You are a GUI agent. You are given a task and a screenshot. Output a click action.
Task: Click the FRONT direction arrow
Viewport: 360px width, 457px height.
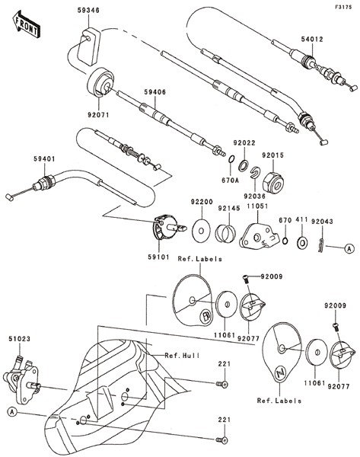tap(26, 24)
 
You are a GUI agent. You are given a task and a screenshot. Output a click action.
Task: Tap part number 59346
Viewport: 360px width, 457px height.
tap(88, 10)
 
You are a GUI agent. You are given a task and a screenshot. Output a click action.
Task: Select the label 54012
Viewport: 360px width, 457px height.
tap(312, 39)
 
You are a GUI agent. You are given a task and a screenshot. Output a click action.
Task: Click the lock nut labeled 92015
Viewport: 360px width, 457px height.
tap(273, 183)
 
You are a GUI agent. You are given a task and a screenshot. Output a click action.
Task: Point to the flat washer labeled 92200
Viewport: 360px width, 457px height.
tap(201, 230)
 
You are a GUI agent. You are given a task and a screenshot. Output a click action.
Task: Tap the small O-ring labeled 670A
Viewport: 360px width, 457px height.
tap(231, 159)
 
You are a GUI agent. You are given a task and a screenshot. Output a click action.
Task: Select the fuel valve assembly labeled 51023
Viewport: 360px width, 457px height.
tap(21, 378)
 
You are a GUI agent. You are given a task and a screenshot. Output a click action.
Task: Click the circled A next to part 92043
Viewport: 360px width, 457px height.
tap(349, 248)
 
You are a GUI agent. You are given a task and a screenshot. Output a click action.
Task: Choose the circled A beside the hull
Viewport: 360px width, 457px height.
tap(11, 411)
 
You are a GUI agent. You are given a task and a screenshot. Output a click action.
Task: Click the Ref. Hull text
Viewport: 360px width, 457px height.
tap(183, 356)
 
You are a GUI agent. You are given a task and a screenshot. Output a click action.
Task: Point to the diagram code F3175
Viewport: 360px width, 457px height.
tap(342, 7)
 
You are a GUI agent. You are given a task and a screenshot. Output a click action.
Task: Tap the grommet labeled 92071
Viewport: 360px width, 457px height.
tap(100, 82)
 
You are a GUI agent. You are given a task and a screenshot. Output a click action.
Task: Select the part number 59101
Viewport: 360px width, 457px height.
tap(158, 257)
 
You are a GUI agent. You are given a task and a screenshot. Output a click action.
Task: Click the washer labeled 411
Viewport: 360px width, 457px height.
tap(303, 242)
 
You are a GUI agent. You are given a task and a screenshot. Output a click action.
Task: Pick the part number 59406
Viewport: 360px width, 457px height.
tap(155, 92)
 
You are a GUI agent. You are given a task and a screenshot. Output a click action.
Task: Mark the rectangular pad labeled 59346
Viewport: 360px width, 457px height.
tap(88, 46)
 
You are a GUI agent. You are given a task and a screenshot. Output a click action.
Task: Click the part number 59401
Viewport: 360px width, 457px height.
tap(45, 159)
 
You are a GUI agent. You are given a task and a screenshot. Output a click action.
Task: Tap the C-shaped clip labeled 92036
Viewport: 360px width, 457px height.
tap(255, 172)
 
